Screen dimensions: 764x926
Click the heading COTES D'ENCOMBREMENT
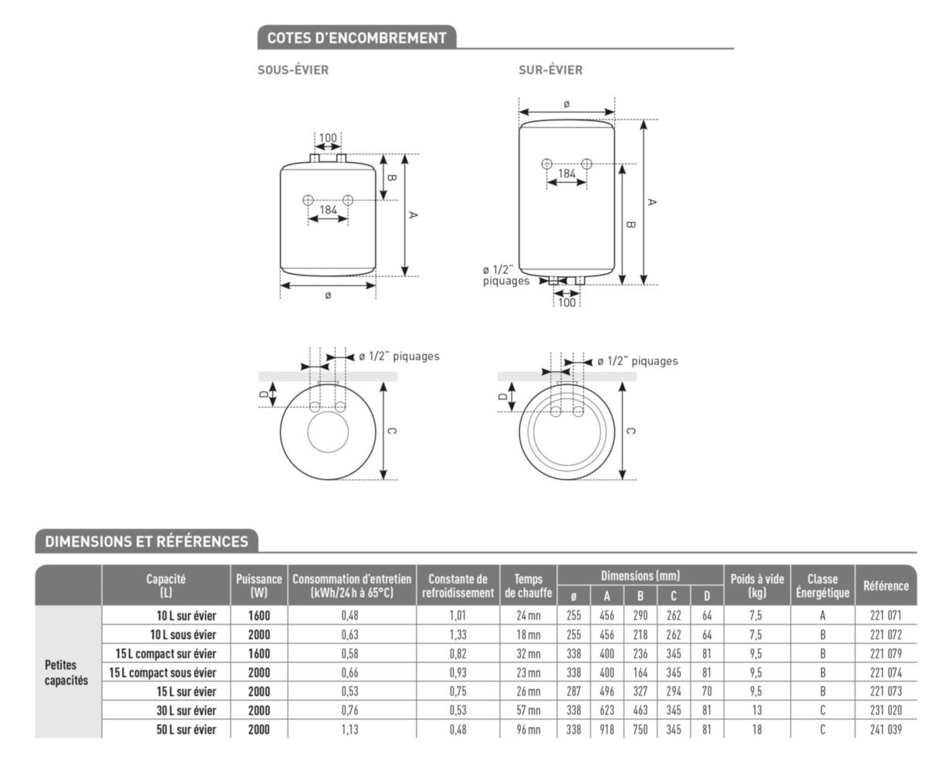pyautogui.click(x=357, y=38)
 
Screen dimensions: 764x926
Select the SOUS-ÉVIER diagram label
pyautogui.click(x=293, y=70)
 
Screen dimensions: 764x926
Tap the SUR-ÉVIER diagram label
pyautogui.click(x=550, y=70)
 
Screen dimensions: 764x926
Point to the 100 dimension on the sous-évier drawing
pyautogui.click(x=328, y=138)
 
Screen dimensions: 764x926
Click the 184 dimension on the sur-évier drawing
pyautogui.click(x=566, y=174)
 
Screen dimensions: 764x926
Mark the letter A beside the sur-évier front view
pyautogui.click(x=652, y=202)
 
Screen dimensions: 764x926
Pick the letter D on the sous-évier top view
pyautogui.click(x=263, y=394)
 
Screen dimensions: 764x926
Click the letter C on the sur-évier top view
pyautogui.click(x=630, y=431)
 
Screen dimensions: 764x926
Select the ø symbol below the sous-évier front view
pyautogui.click(x=328, y=296)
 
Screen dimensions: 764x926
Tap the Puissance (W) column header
pyautogui.click(x=259, y=586)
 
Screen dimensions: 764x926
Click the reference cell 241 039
pyautogui.click(x=885, y=729)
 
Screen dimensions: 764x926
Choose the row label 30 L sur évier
pyautogui.click(x=186, y=711)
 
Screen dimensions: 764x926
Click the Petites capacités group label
pyautogui.click(x=66, y=672)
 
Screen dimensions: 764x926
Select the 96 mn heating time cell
pyautogui.click(x=529, y=729)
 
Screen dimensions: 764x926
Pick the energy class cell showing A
pyautogui.click(x=823, y=616)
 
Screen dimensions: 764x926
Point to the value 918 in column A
pyautogui.click(x=607, y=729)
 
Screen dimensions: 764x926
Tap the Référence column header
pyautogui.click(x=885, y=586)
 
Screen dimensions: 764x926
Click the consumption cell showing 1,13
pyautogui.click(x=351, y=729)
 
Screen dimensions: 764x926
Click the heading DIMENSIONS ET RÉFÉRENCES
pyautogui.click(x=147, y=542)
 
